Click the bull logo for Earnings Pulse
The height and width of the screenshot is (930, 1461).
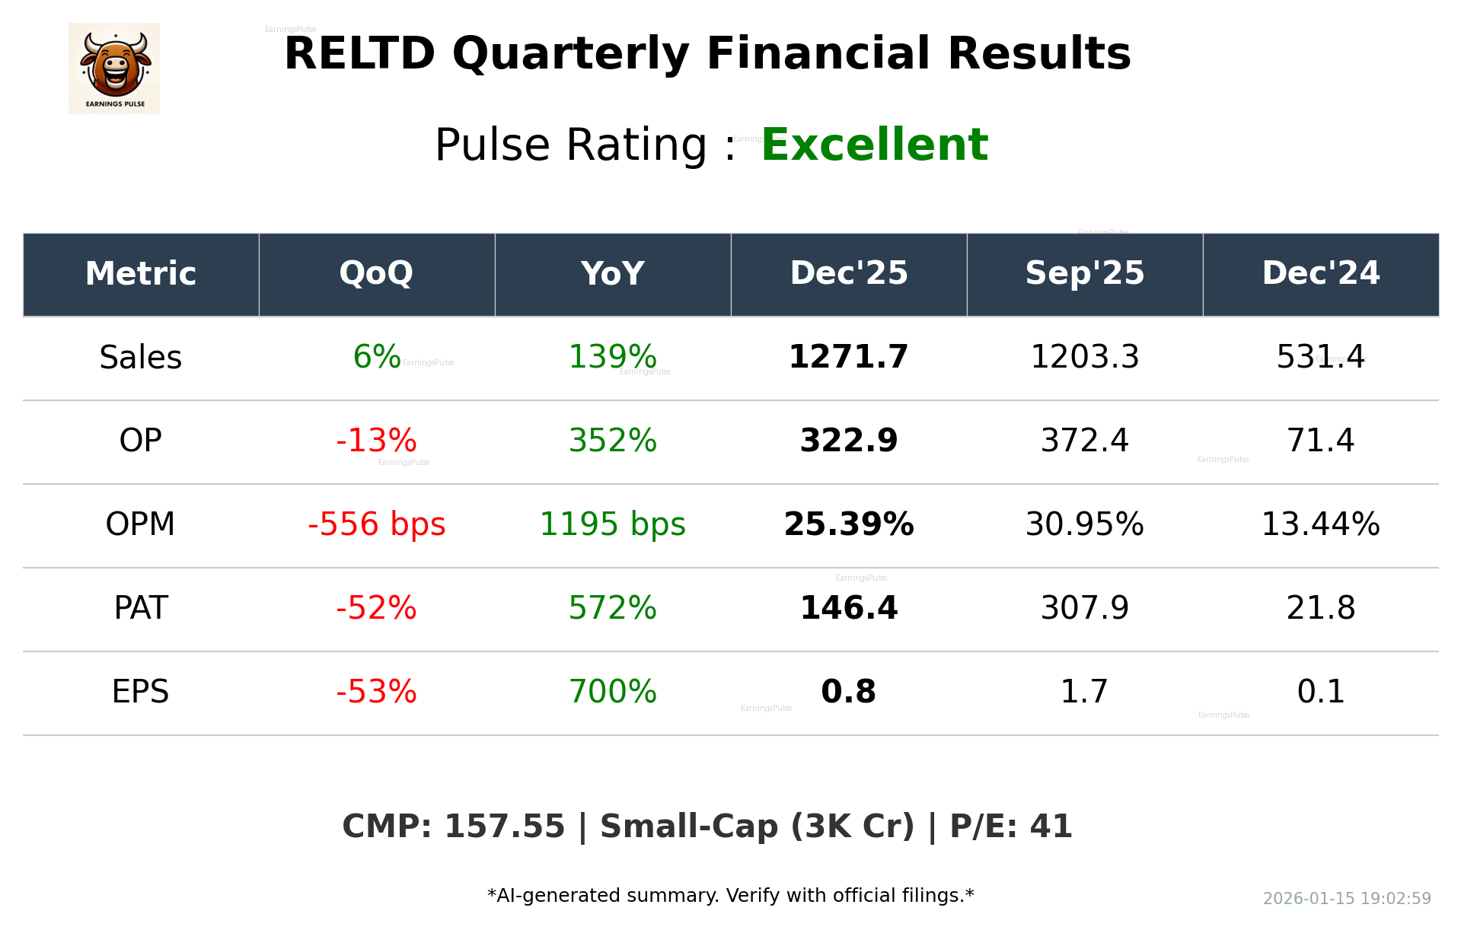pos(114,68)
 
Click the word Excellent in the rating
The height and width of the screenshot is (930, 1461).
pos(874,145)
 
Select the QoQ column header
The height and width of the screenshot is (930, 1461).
pos(376,273)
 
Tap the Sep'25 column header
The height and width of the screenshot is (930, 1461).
pos(1084,273)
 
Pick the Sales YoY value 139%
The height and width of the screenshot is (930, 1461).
pos(612,357)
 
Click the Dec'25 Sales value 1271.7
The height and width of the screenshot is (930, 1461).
pos(848,357)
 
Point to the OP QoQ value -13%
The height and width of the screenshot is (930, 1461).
pos(376,441)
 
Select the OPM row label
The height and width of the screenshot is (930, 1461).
pos(140,524)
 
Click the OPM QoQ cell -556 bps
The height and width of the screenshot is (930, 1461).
pos(376,524)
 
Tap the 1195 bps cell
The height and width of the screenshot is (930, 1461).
pos(612,524)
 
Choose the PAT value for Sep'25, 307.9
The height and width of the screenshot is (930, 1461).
pos(1084,608)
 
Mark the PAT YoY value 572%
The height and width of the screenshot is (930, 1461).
pos(612,608)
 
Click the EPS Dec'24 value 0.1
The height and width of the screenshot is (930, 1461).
pos(1320,692)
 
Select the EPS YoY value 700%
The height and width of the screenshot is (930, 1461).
pos(612,692)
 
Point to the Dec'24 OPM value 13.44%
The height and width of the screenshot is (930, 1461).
pos(1320,524)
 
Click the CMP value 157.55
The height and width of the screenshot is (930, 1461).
pos(504,826)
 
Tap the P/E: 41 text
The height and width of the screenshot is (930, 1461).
pos(1010,826)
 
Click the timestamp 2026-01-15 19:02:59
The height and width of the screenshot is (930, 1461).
pos(1346,899)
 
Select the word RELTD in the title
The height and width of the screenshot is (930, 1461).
pos(359,54)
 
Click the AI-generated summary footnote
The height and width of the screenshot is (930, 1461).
pos(730,896)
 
